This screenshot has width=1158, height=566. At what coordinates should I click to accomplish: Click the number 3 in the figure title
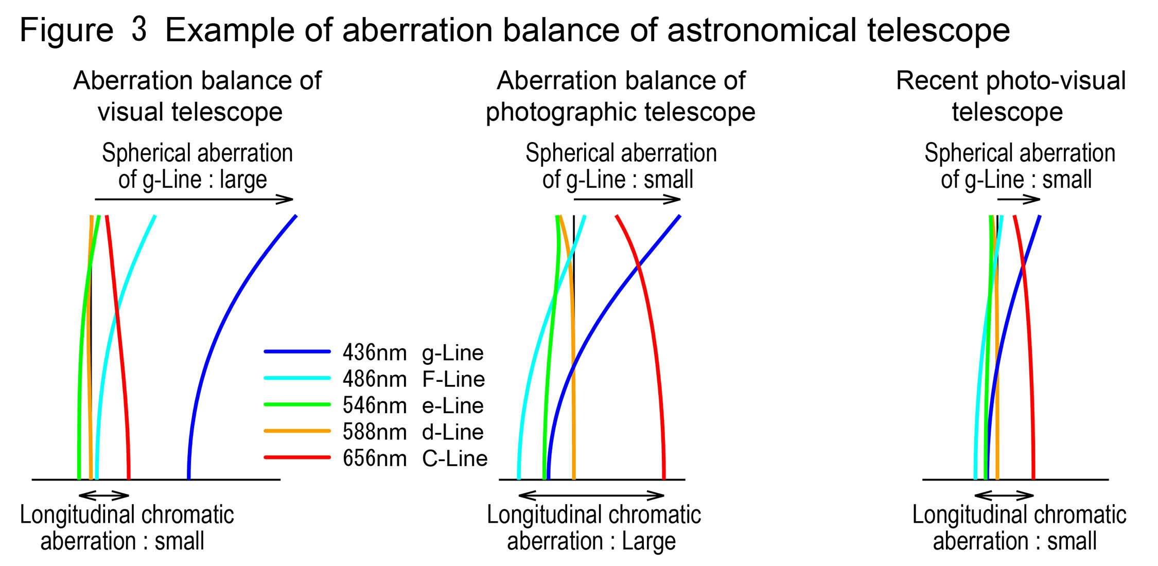(139, 29)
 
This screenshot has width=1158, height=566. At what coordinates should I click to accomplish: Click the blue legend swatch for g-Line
(297, 352)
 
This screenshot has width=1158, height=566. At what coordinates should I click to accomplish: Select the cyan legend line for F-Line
(297, 379)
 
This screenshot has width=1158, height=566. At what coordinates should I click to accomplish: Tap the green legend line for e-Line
(297, 405)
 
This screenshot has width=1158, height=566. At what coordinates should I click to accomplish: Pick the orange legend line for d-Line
(297, 431)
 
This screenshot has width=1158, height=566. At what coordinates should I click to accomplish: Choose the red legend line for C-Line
(297, 457)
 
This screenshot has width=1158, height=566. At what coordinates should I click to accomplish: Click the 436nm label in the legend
(374, 353)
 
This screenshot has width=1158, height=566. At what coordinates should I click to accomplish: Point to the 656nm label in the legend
(374, 458)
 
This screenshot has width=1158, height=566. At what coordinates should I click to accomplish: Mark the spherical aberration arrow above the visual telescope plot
(194, 199)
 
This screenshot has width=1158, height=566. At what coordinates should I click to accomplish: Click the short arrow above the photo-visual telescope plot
(1019, 200)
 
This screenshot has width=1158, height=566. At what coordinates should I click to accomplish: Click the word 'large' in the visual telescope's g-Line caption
(243, 180)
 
